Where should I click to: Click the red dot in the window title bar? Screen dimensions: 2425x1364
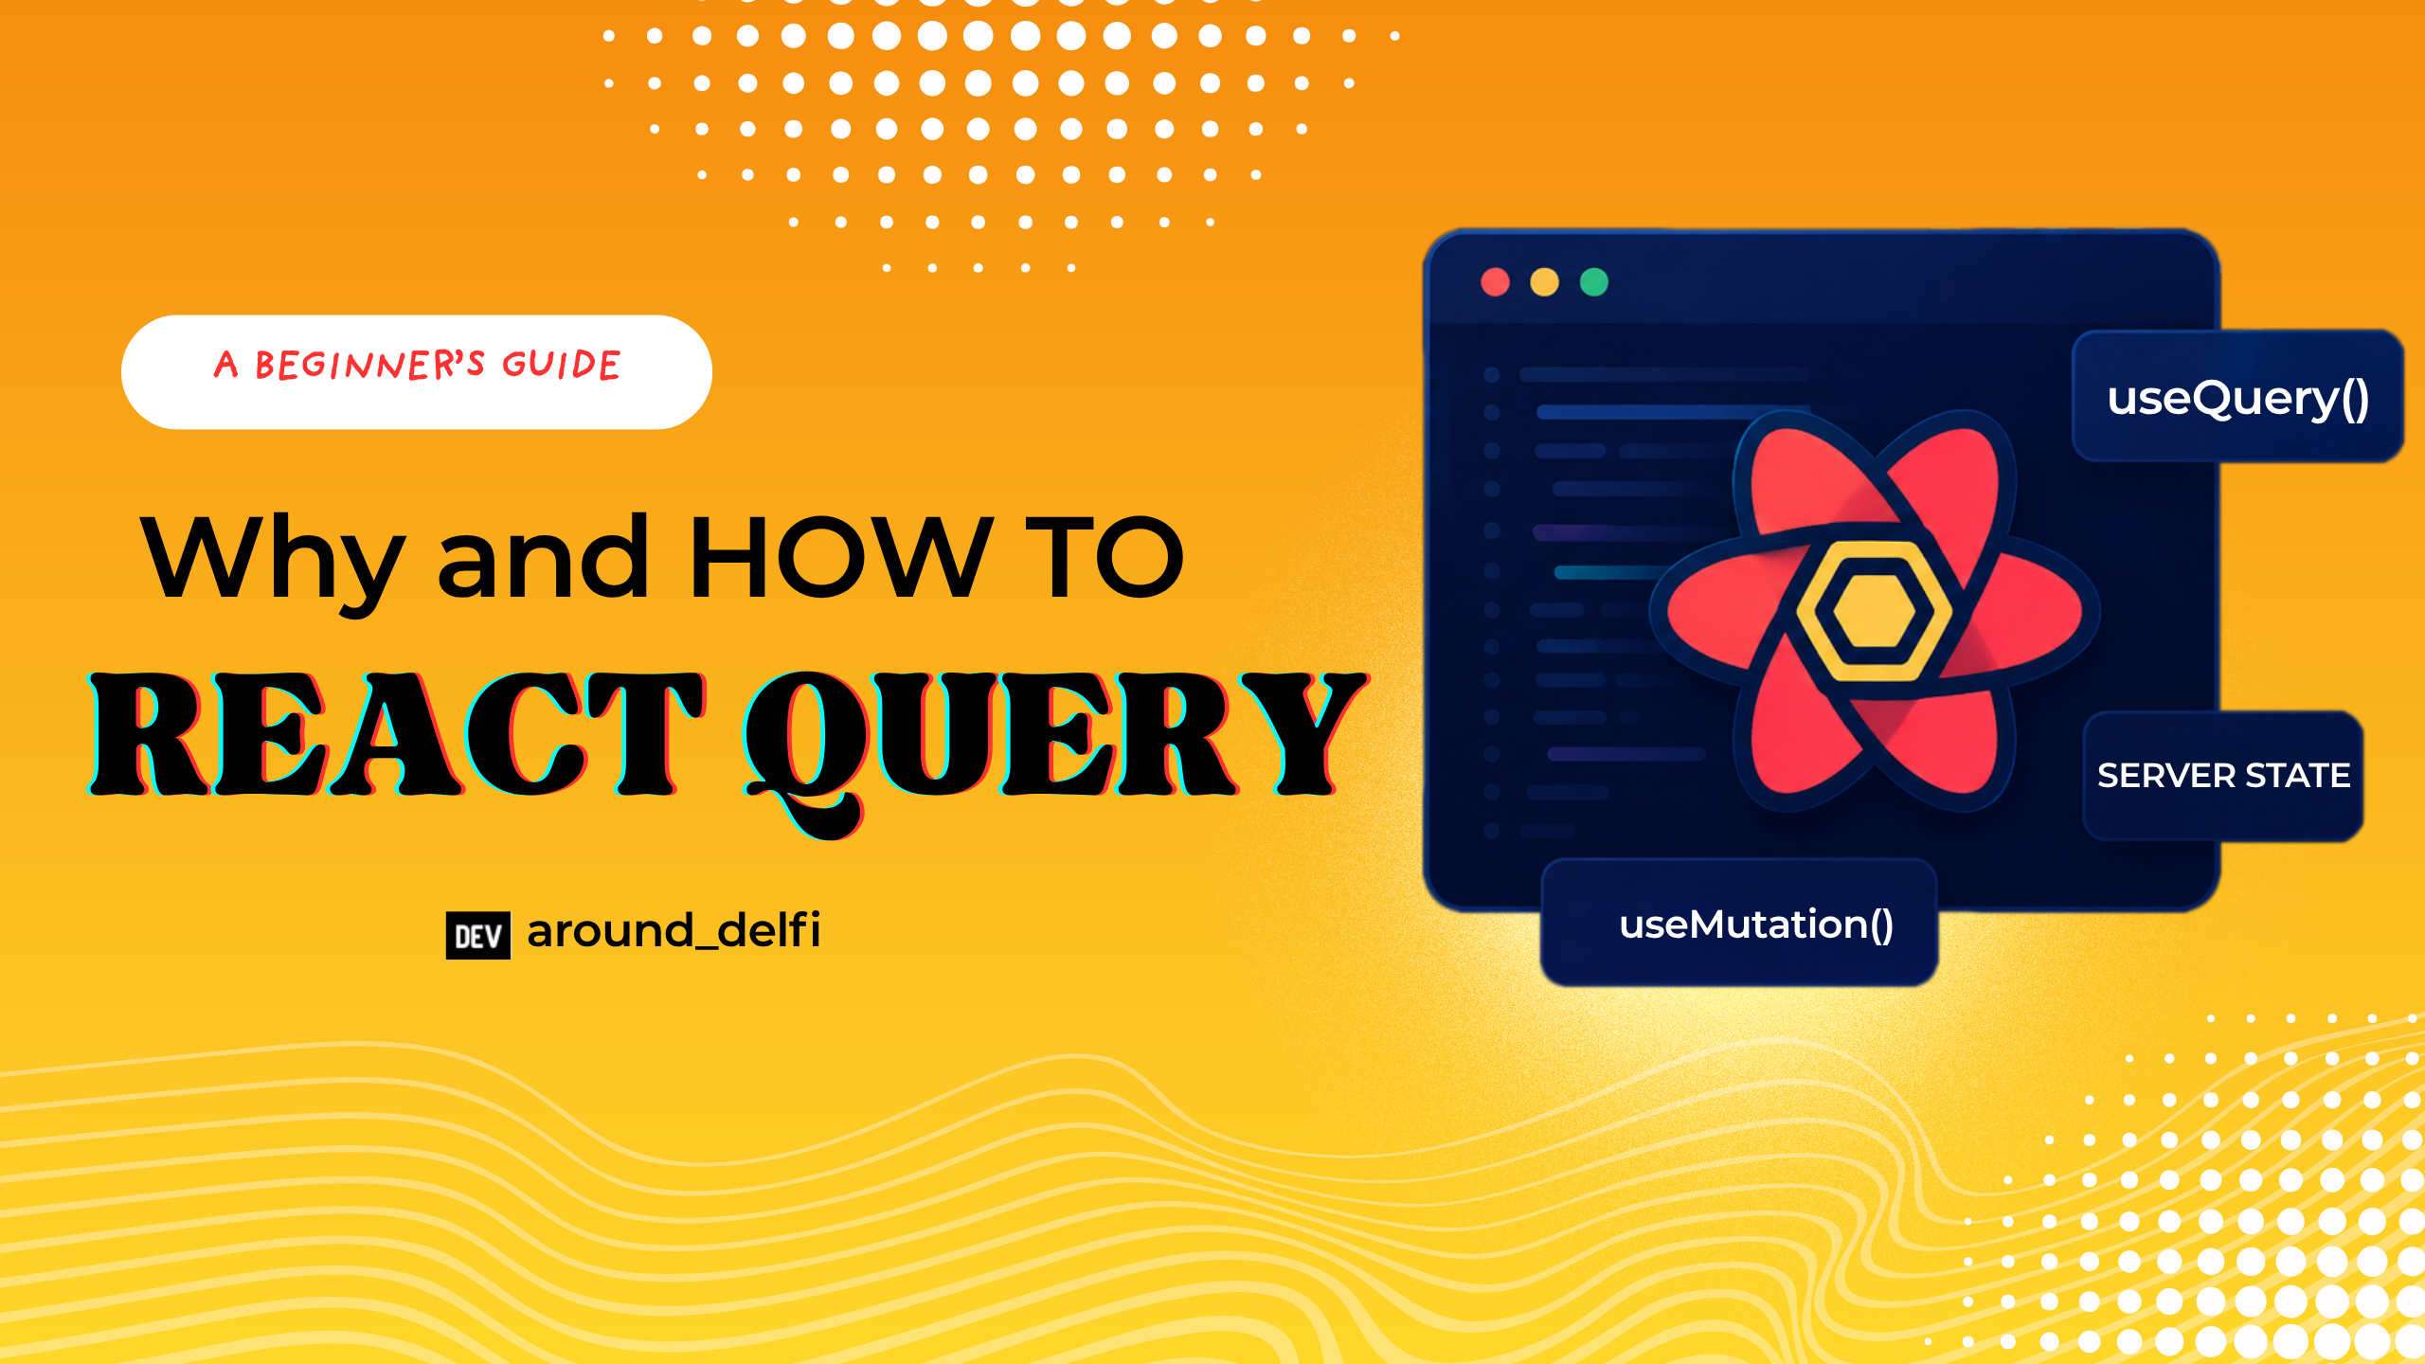coord(1495,282)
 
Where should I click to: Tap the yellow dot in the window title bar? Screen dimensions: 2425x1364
coord(1544,282)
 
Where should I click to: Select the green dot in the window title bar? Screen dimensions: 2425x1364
coord(1594,282)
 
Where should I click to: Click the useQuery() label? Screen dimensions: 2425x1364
coord(2238,398)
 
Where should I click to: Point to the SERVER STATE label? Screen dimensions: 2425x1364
coord(2223,776)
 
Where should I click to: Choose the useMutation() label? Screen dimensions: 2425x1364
coord(1756,924)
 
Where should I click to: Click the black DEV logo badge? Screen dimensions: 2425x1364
coord(478,936)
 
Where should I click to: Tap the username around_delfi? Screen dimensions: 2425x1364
coord(674,930)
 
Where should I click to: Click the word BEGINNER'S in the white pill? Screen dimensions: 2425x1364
coord(369,365)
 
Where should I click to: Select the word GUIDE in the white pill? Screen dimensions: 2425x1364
coord(561,365)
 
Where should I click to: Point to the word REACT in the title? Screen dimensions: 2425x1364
coord(398,733)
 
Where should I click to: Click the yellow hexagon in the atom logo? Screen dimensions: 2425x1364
coord(1873,611)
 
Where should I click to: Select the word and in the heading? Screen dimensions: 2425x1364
coord(543,557)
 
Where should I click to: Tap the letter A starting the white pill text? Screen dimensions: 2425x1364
coord(225,365)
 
